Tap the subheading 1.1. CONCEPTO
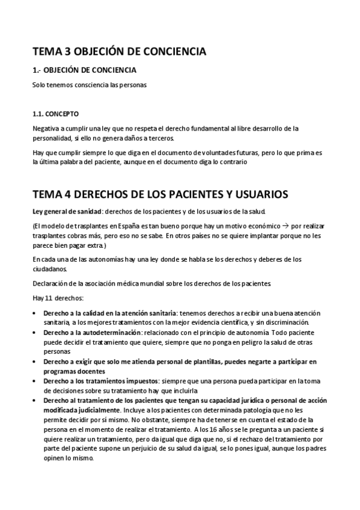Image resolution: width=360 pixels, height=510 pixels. pyautogui.click(x=55, y=114)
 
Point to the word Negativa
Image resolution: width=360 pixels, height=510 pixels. pyautogui.click(x=45, y=129)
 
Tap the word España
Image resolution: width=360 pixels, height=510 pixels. pyautogui.click(x=129, y=226)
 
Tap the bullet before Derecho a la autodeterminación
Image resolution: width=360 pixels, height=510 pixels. pyautogui.click(x=35, y=333)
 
